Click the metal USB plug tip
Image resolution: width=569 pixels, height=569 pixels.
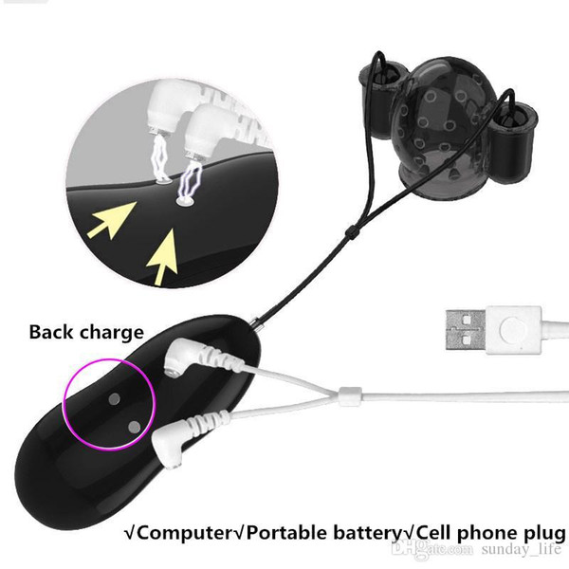(466, 330)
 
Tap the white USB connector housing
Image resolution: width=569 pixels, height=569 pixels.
(513, 330)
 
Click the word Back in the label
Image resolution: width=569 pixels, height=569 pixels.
(51, 332)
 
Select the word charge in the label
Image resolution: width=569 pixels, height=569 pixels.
(111, 333)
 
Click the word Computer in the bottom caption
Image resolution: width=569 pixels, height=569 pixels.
(184, 533)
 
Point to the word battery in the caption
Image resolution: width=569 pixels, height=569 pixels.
(366, 533)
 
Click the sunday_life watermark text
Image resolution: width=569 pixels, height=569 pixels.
(522, 549)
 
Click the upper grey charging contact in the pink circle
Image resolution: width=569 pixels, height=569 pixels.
(115, 399)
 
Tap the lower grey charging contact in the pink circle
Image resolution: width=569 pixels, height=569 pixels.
(135, 427)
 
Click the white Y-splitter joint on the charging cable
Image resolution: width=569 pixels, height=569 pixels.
(350, 396)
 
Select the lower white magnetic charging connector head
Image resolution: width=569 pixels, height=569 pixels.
(168, 446)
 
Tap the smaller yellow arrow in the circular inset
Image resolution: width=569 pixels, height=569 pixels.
(112, 221)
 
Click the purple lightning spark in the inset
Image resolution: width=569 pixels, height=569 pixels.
(190, 181)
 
